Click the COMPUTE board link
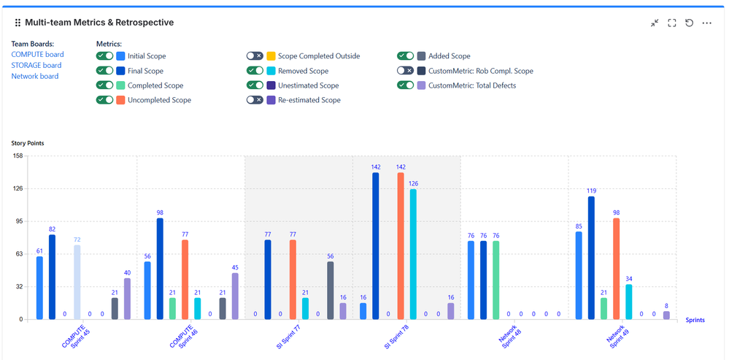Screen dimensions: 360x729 (x=37, y=55)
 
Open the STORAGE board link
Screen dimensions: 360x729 (x=36, y=66)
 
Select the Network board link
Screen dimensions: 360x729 (x=35, y=77)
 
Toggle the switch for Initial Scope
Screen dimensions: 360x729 (x=104, y=56)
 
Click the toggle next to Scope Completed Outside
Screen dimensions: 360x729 (x=255, y=56)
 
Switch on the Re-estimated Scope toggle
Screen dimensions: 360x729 (x=255, y=100)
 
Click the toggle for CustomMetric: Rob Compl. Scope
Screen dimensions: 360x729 (x=405, y=71)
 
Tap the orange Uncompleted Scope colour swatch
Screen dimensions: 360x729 (x=120, y=100)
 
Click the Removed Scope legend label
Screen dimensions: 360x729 (x=303, y=71)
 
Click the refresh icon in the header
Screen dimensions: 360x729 (x=689, y=23)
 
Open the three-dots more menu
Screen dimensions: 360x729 (x=706, y=23)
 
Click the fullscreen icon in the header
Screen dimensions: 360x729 (x=672, y=23)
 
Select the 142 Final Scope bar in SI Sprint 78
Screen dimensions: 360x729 (x=375, y=246)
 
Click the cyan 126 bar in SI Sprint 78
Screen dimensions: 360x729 (x=413, y=254)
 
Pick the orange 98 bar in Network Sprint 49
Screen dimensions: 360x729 (x=616, y=269)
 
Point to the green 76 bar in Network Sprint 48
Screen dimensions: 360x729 (x=495, y=280)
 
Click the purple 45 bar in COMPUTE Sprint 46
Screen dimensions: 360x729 (x=235, y=296)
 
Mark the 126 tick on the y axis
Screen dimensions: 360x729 (x=17, y=188)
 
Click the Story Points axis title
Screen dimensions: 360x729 (x=28, y=143)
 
